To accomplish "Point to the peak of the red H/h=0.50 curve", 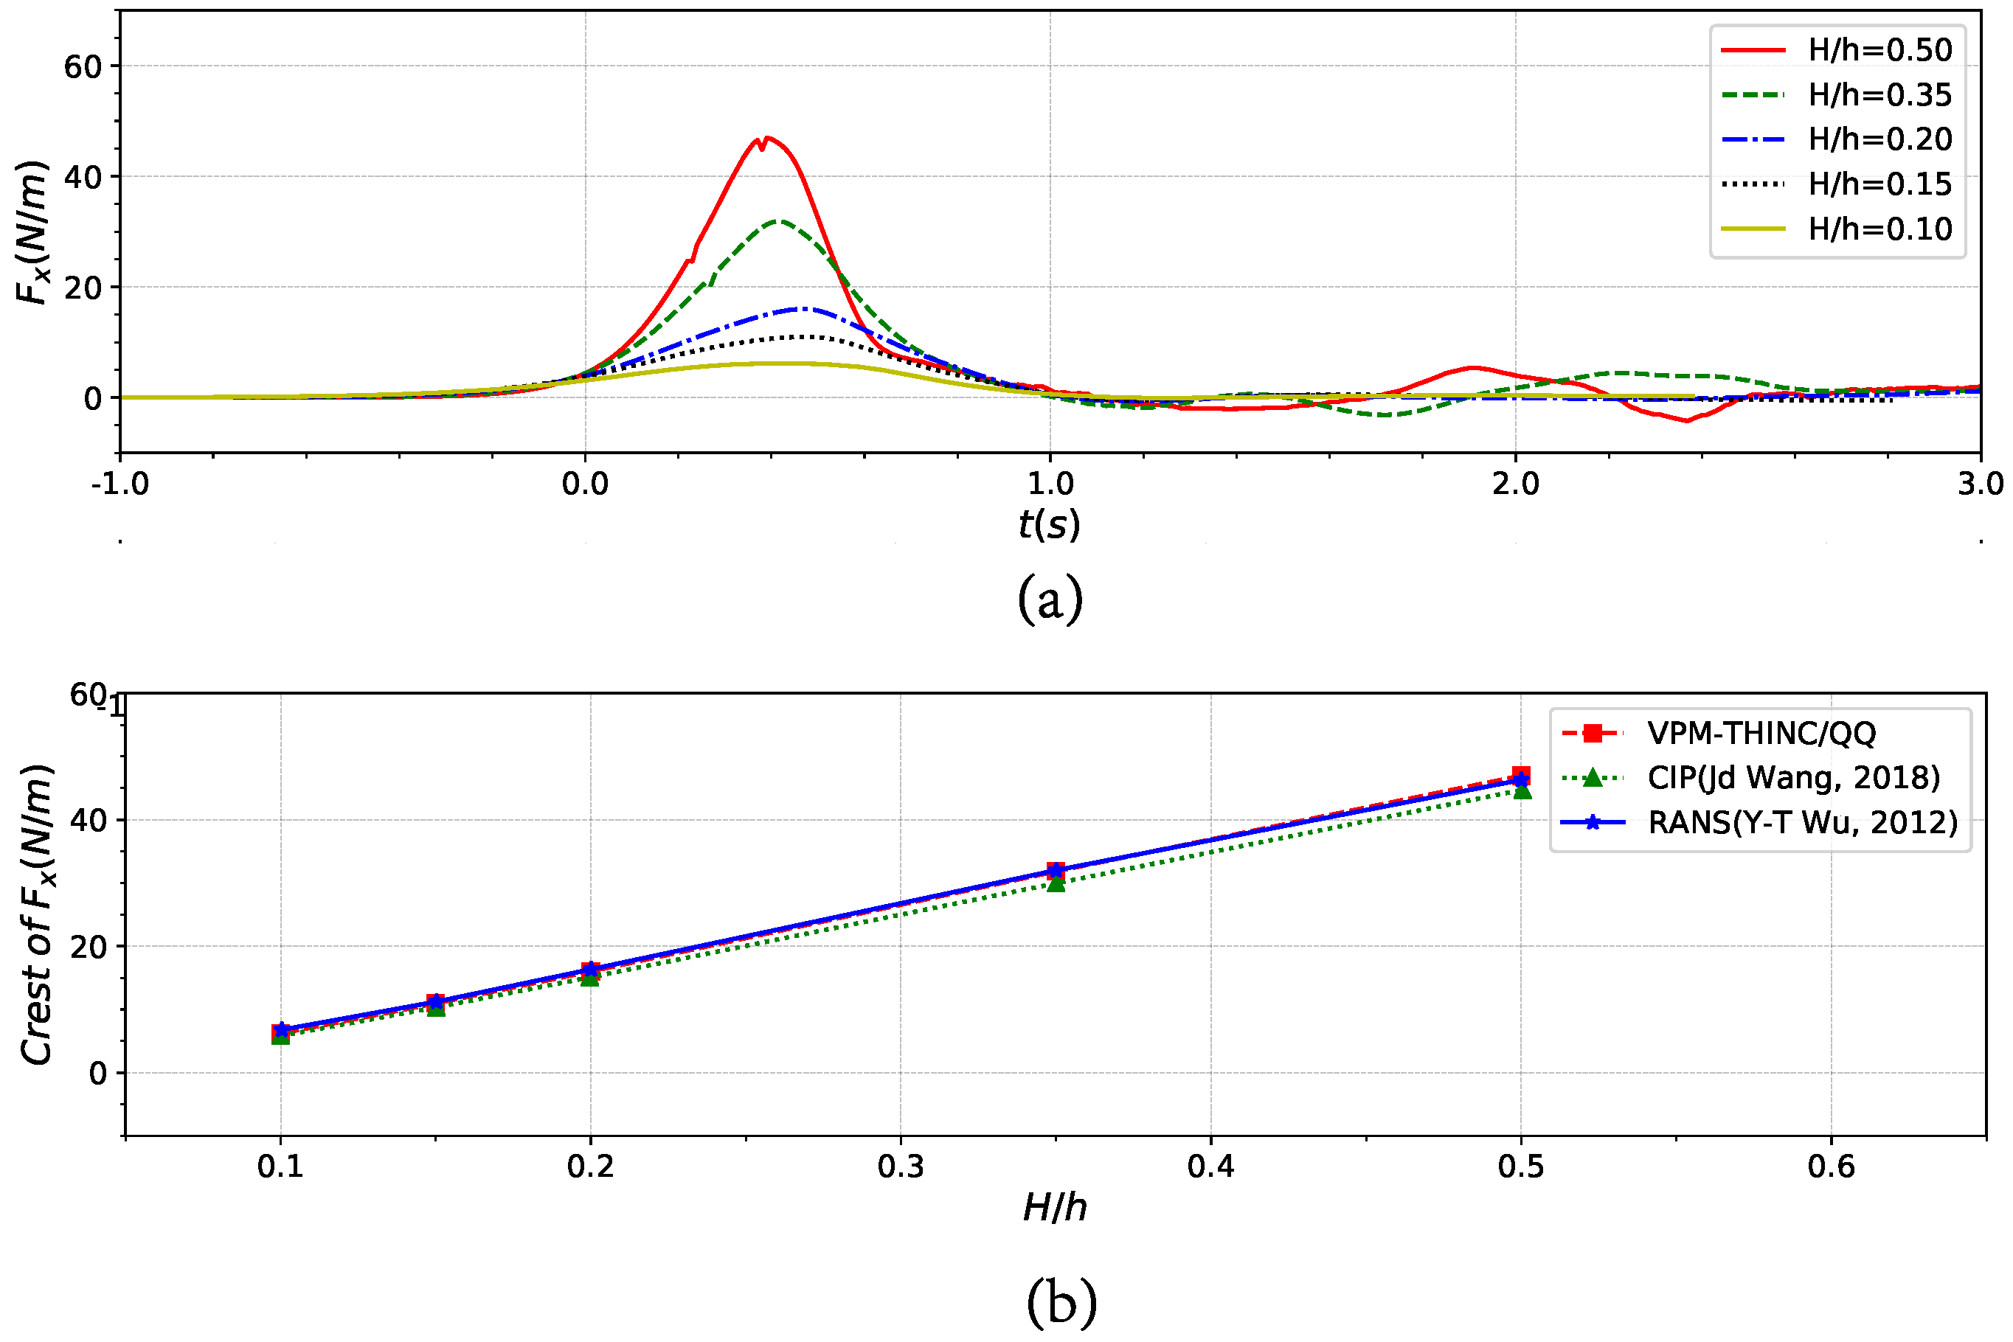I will pos(766,137).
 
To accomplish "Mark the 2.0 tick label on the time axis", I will pos(1516,484).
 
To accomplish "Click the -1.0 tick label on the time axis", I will pos(121,484).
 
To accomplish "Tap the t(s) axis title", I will pos(1050,524).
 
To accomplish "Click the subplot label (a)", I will pos(1050,599).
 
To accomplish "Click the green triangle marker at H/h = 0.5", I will pos(1522,790).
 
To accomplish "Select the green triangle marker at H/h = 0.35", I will pos(1056,883).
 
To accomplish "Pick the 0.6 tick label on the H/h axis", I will pos(1831,1167).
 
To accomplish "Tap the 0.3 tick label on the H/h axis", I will pos(901,1167).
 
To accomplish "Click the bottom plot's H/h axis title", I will pos(1055,1208).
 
